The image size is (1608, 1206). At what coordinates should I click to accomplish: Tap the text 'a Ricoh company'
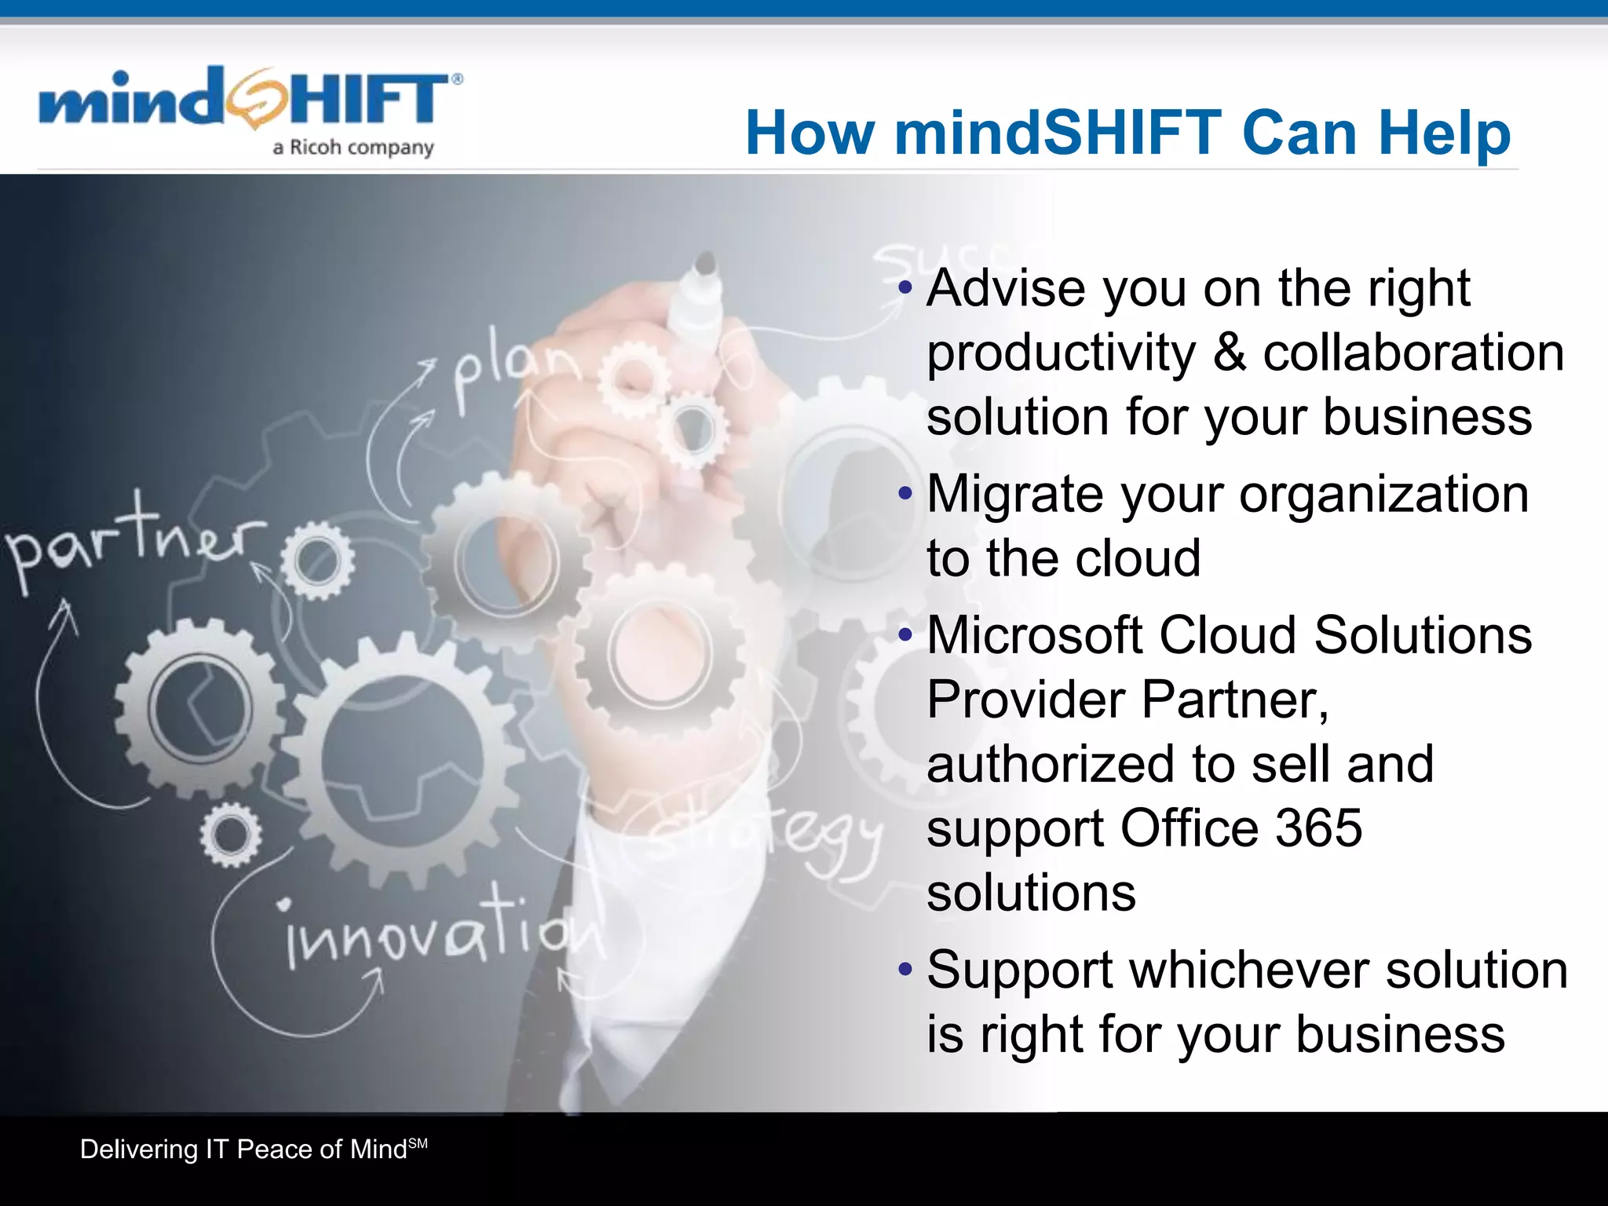click(353, 148)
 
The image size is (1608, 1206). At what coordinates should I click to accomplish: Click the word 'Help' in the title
click(1444, 133)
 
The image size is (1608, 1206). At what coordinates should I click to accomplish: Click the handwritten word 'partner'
click(133, 542)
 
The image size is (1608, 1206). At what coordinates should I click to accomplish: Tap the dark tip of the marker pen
click(705, 263)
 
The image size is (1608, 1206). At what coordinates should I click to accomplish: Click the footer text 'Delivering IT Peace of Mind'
click(243, 1149)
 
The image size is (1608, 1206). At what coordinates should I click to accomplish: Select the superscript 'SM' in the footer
click(418, 1143)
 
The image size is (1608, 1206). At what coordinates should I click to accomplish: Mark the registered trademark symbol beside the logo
click(457, 79)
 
